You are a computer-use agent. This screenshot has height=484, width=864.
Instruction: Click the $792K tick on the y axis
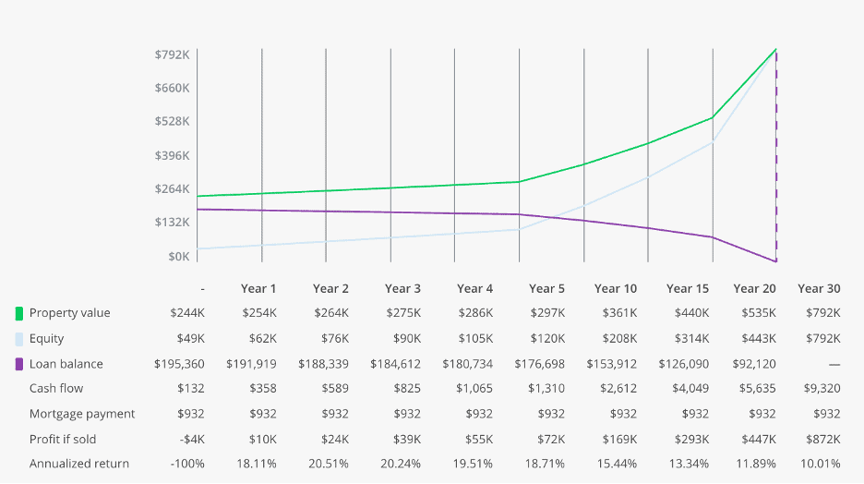coord(173,54)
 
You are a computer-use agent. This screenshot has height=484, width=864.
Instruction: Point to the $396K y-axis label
coord(173,155)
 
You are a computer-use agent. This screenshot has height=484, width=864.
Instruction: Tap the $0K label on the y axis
coord(177,256)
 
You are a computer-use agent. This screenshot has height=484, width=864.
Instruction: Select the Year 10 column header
coord(615,288)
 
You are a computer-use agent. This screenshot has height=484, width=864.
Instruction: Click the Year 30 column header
coord(819,288)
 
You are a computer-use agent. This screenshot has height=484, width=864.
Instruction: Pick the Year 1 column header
coord(258,288)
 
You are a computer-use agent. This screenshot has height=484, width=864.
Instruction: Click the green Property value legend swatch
coord(19,313)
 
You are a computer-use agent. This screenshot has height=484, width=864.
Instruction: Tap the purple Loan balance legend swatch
coord(19,364)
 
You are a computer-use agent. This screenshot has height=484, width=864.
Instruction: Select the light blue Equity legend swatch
coord(19,339)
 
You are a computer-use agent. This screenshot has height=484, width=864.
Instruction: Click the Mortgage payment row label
coord(82,414)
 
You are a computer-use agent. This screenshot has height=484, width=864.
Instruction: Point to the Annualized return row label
coord(79,464)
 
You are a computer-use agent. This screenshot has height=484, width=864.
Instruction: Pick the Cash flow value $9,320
coord(821,389)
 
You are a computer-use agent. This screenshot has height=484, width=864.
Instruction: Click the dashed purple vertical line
coord(776,157)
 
